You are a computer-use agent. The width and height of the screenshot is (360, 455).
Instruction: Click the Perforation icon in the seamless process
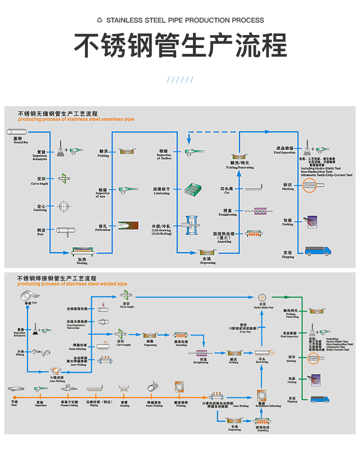[128, 225]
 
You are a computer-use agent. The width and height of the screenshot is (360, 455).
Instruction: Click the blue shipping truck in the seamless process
[318, 251]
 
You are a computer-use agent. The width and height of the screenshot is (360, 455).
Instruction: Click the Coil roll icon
[27, 295]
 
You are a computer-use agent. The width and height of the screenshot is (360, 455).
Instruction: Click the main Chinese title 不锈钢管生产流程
[180, 46]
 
